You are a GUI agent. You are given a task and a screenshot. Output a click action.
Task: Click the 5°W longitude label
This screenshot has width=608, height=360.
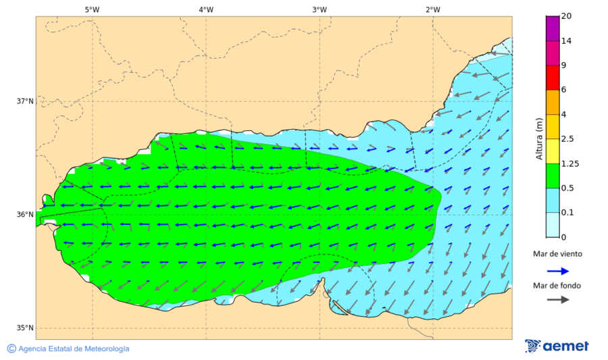tap(92, 9)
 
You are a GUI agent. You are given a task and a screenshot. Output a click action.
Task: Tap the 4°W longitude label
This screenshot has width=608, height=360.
tap(206, 9)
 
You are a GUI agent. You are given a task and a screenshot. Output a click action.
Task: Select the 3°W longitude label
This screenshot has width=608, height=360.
tap(320, 9)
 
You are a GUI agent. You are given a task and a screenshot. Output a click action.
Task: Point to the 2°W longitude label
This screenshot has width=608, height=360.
tap(433, 9)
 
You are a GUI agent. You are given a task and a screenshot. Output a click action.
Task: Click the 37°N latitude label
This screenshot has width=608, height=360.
tap(25, 101)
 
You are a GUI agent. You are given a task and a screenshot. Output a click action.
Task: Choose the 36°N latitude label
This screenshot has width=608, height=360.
tap(25, 215)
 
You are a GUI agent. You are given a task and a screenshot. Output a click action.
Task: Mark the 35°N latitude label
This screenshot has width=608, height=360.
tap(25, 328)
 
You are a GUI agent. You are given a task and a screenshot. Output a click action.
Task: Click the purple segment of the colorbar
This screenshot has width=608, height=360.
tap(553, 28)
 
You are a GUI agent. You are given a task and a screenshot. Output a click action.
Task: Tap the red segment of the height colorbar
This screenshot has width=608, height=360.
tap(553, 77)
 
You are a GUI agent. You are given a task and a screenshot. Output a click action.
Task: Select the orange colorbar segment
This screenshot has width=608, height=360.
tap(553, 102)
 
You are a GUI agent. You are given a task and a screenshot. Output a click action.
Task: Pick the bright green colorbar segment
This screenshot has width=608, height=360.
tap(553, 176)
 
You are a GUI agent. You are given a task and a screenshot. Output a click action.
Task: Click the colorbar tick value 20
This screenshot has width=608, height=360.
tap(567, 17)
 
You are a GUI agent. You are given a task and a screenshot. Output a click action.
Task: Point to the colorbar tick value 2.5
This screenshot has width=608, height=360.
tap(567, 139)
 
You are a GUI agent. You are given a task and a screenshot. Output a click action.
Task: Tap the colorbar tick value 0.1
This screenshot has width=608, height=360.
tap(567, 213)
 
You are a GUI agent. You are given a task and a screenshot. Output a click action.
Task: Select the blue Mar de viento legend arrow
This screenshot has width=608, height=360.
tap(557, 271)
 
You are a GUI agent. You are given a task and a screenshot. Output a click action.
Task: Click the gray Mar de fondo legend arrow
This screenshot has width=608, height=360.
tap(557, 299)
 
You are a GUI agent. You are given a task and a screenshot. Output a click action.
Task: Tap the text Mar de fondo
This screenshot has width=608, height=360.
tap(557, 286)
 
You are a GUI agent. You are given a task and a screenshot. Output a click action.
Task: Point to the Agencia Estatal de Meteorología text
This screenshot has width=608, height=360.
tap(74, 349)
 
